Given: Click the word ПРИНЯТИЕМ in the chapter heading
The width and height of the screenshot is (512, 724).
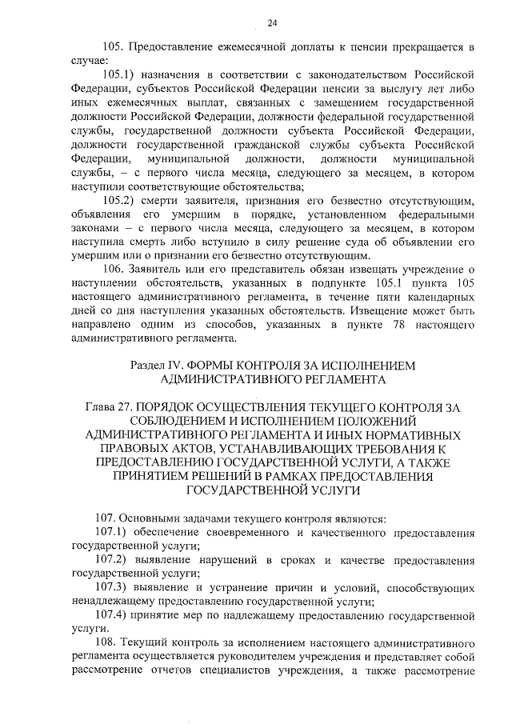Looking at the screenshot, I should point(149,477).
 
